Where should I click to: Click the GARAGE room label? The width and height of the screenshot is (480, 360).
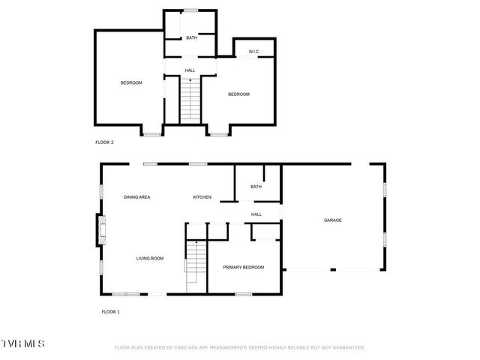tap(332, 220)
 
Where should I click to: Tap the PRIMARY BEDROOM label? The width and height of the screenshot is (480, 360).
tap(243, 267)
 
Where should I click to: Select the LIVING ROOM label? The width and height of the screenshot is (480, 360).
tap(150, 259)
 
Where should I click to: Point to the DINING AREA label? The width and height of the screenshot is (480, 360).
tap(137, 197)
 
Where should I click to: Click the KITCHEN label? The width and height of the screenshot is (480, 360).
tap(202, 197)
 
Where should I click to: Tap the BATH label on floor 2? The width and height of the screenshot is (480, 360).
tap(191, 37)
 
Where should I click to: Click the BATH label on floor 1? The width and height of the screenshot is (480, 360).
tap(256, 187)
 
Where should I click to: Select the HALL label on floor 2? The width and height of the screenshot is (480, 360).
tap(190, 70)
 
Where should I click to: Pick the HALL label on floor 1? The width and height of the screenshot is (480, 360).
tap(256, 214)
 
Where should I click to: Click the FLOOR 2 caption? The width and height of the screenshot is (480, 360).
tap(104, 142)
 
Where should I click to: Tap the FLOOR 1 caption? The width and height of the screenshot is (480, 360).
tap(110, 311)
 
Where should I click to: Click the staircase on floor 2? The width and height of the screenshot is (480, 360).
tap(191, 101)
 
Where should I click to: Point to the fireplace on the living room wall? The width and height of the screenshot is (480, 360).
tap(97, 229)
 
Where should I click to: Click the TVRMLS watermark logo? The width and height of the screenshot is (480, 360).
tap(22, 343)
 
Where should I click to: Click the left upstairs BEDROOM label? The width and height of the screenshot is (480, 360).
tap(131, 82)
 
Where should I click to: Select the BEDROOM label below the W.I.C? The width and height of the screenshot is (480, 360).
tap(238, 94)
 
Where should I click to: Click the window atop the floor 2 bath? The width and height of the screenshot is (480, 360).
tap(191, 10)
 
